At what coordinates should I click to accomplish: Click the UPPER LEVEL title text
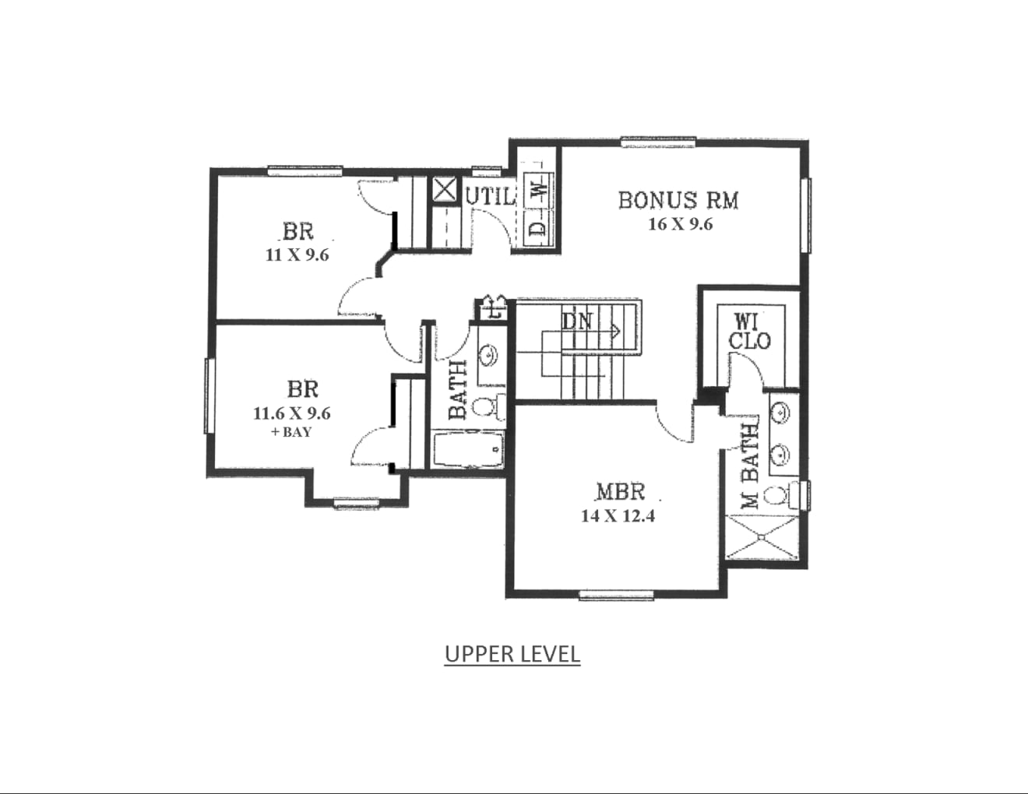pyautogui.click(x=512, y=654)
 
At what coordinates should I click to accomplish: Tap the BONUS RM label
pyautogui.click(x=678, y=200)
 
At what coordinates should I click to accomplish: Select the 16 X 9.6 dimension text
pyautogui.click(x=680, y=224)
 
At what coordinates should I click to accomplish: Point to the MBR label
pyautogui.click(x=621, y=492)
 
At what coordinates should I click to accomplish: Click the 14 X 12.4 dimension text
pyautogui.click(x=618, y=516)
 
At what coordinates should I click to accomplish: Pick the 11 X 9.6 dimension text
pyautogui.click(x=297, y=255)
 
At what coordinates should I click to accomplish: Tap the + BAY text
pyautogui.click(x=291, y=432)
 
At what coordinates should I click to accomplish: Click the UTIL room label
pyautogui.click(x=490, y=197)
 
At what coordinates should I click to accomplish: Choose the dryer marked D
pyautogui.click(x=540, y=229)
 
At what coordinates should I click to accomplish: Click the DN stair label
pyautogui.click(x=576, y=321)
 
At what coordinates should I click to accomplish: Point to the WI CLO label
pyautogui.click(x=750, y=333)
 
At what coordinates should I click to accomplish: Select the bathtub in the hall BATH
pyautogui.click(x=468, y=449)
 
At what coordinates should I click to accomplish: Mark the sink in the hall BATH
pyautogui.click(x=488, y=353)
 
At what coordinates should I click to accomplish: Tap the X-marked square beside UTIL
pyautogui.click(x=445, y=190)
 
